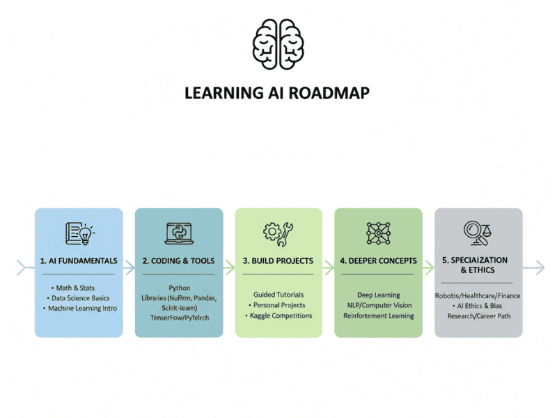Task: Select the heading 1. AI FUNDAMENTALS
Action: pyautogui.click(x=79, y=261)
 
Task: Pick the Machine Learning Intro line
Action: pyautogui.click(x=82, y=308)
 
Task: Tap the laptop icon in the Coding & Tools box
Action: pyautogui.click(x=179, y=233)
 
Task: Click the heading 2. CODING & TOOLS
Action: pyautogui.click(x=179, y=261)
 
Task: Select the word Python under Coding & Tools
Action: pyautogui.click(x=179, y=288)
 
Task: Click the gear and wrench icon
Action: pyautogui.click(x=278, y=234)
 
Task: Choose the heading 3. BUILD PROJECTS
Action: pyautogui.click(x=278, y=261)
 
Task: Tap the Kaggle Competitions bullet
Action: pyautogui.click(x=280, y=316)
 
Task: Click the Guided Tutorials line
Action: pyautogui.click(x=278, y=295)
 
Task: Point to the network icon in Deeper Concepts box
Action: pyautogui.click(x=378, y=233)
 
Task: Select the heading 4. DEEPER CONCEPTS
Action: pyautogui.click(x=378, y=261)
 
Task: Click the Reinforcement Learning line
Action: pyautogui.click(x=378, y=316)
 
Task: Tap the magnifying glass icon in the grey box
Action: pyautogui.click(x=473, y=231)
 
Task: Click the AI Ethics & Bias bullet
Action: pyautogui.click(x=479, y=306)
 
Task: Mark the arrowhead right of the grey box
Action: pyautogui.click(x=539, y=266)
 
